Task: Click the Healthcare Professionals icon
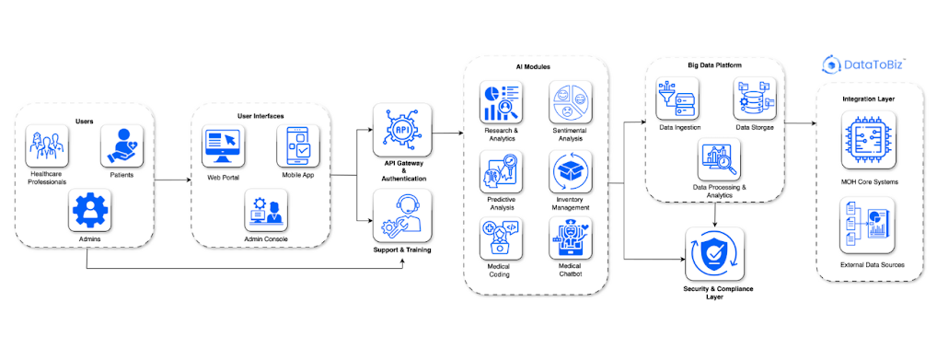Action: [48, 146]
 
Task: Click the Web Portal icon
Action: [224, 146]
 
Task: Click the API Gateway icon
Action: [402, 131]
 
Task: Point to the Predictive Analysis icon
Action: [501, 171]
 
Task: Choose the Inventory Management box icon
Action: [571, 171]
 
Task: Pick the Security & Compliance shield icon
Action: [714, 254]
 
